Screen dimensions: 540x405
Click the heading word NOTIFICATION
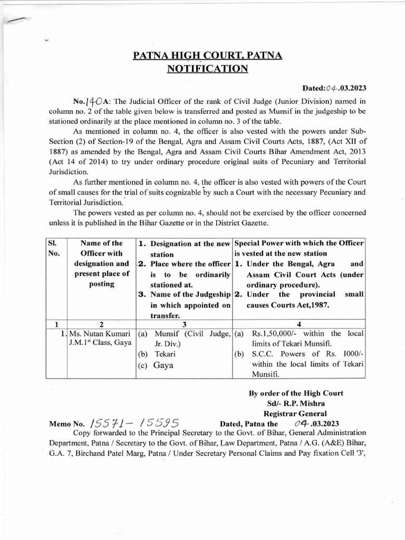pos(207,69)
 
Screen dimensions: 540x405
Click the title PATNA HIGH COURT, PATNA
pos(208,55)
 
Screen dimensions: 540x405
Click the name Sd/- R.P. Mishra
pos(295,403)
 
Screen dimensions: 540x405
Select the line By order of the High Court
pos(295,393)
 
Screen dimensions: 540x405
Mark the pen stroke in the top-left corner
pos(16,20)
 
